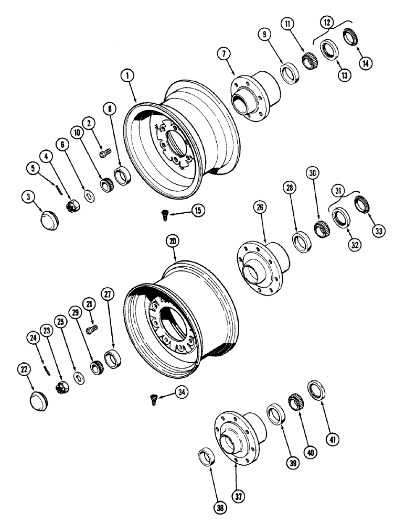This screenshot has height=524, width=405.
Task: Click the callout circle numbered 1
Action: coord(126,77)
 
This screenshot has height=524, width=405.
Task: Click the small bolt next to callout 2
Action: coord(103,152)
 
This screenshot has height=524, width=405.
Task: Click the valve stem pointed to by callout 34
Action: coord(153,401)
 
